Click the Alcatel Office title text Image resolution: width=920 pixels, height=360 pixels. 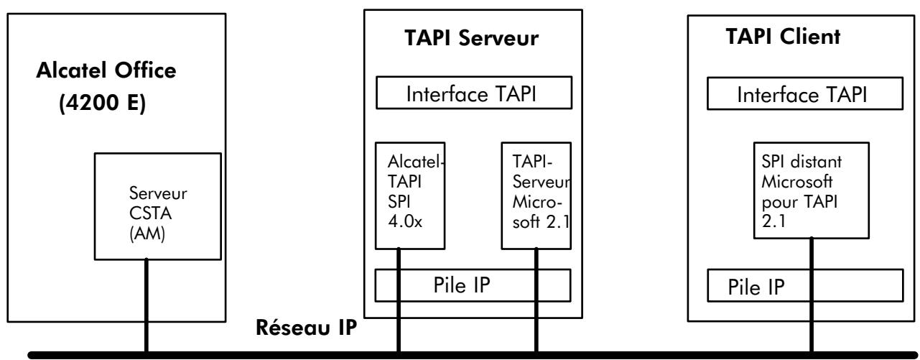tap(106, 70)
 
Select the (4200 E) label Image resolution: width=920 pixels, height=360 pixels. tap(102, 103)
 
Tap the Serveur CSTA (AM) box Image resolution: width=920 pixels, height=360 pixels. tap(158, 206)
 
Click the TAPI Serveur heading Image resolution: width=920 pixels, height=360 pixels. tap(471, 38)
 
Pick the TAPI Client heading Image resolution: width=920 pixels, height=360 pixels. tap(783, 37)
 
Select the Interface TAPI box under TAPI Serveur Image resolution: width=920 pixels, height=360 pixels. tap(474, 93)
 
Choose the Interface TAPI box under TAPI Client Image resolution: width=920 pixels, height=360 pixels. tap(805, 93)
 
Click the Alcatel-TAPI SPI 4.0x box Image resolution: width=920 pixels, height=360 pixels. tap(410, 195)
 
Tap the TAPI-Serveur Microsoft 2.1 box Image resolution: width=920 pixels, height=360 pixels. tap(536, 195)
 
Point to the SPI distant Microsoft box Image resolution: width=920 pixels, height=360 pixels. tap(811, 190)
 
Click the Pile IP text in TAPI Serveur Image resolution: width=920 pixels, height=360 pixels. tap(462, 285)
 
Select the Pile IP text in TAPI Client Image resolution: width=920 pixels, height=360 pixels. tap(756, 287)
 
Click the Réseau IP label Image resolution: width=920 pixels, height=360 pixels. tap(307, 328)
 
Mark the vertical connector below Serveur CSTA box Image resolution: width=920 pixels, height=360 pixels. tap(147, 305)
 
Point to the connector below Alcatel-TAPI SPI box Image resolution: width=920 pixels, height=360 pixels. tap(399, 300)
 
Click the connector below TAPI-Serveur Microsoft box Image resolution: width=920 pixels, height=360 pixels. tap(536, 300)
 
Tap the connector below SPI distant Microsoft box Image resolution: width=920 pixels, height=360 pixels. tap(811, 295)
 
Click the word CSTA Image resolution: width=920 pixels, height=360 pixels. tap(150, 213)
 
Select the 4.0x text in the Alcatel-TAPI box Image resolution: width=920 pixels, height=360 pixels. tap(405, 221)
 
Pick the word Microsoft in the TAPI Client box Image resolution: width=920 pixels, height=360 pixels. tap(797, 182)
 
